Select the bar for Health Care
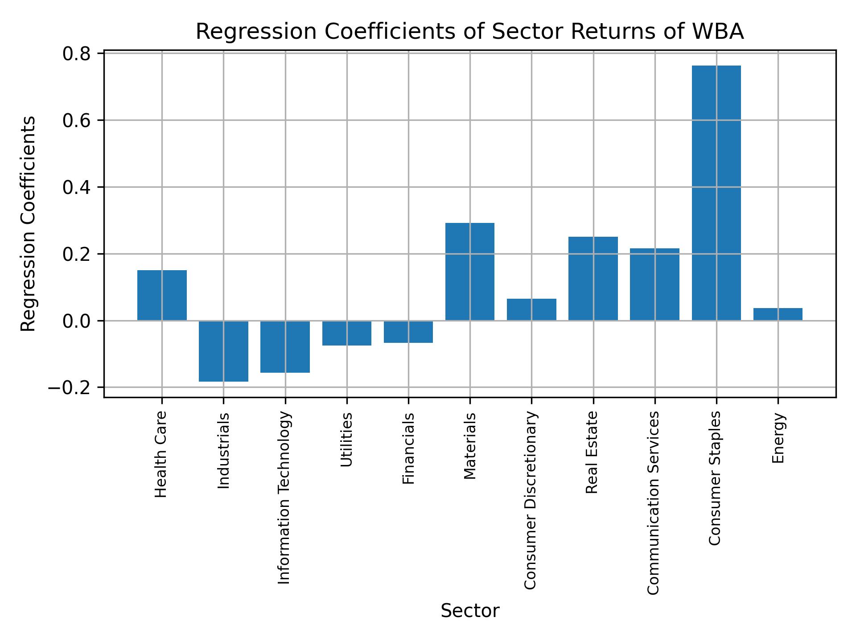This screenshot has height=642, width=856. point(162,295)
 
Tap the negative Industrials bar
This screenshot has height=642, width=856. point(223,351)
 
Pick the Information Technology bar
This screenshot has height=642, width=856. point(285,346)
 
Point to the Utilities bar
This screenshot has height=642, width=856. point(347,333)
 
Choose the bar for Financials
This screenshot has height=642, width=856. point(408,332)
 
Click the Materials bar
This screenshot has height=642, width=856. point(470,272)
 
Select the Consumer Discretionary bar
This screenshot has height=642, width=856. point(531,309)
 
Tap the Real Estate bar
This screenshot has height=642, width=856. point(593,278)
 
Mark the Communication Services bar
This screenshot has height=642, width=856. point(654,284)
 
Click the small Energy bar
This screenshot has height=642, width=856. point(778,314)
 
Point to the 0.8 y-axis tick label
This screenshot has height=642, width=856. point(77,53)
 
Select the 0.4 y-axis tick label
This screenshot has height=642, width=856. point(77,187)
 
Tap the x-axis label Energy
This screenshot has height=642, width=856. point(778,438)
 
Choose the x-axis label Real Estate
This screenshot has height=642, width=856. point(592,453)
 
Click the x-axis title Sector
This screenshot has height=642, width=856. point(470,611)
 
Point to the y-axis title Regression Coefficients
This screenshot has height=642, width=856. point(29,223)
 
